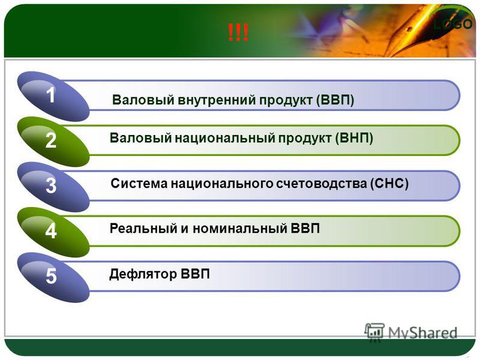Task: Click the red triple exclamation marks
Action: [x=238, y=33]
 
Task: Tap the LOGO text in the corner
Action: [x=453, y=24]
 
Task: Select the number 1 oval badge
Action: [x=53, y=96]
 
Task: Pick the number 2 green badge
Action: [x=53, y=142]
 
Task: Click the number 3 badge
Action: [x=53, y=187]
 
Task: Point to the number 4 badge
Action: [x=53, y=232]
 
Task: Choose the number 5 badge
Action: [x=53, y=277]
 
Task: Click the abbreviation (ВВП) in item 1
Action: [x=335, y=100]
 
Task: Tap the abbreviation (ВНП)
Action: [x=354, y=139]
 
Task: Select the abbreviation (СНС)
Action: [x=389, y=184]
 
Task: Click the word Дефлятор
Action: [x=143, y=274]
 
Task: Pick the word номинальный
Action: [x=239, y=229]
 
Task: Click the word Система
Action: [x=139, y=184]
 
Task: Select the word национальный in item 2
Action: [x=224, y=139]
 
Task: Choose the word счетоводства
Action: [x=322, y=184]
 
